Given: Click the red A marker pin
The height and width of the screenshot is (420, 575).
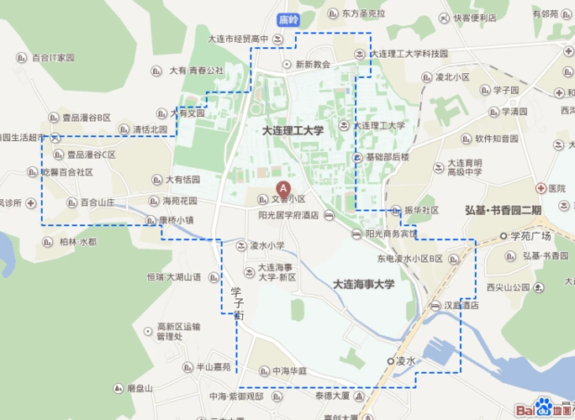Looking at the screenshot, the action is point(283,189).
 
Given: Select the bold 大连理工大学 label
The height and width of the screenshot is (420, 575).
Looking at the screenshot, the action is point(293,131).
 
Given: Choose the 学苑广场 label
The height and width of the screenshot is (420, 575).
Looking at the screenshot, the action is point(530,235).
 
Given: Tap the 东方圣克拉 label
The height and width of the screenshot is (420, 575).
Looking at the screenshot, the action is point(363,14).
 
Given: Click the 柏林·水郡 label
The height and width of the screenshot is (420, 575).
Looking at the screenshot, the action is point(77,241).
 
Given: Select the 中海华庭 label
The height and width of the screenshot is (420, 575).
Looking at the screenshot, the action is point(288,370).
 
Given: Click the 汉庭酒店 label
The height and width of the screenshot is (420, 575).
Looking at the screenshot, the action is point(461,306).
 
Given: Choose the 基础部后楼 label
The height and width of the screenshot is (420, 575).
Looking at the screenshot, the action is point(387,157).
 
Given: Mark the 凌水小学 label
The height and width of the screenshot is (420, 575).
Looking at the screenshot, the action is point(267,246).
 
